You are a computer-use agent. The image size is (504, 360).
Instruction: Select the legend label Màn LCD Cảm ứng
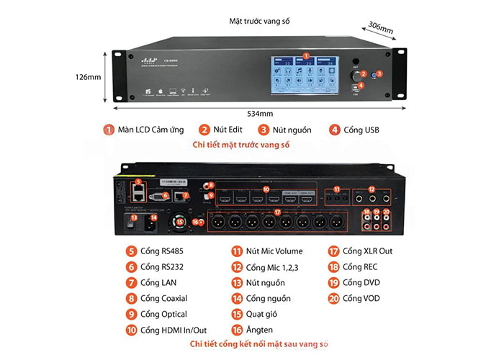pos(152,130)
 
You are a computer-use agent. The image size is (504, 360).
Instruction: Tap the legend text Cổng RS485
pos(162,251)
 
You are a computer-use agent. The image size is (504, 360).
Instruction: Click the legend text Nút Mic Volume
pos(274,251)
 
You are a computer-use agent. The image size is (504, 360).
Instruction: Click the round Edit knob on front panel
pos(354,75)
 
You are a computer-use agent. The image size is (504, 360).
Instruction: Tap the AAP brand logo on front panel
pos(148,60)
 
